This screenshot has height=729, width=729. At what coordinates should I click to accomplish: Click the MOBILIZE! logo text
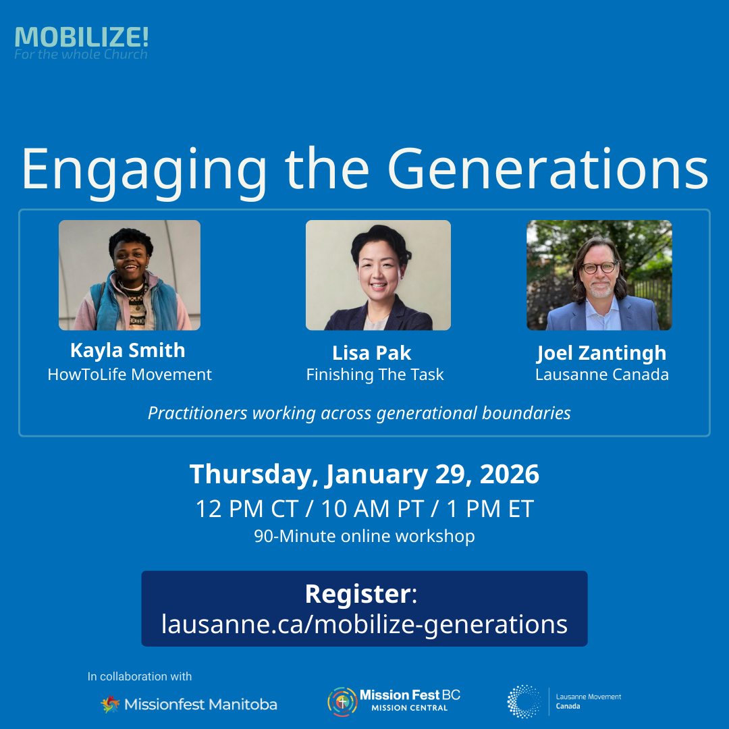(x=81, y=38)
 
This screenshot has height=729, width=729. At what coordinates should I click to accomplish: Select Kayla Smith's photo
(x=130, y=275)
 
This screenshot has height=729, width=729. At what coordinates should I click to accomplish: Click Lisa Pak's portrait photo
(x=378, y=275)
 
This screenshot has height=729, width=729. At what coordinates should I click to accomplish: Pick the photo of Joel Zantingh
(x=599, y=275)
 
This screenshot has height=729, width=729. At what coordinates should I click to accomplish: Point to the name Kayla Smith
(x=128, y=350)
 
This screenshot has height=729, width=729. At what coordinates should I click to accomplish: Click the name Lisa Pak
(x=372, y=352)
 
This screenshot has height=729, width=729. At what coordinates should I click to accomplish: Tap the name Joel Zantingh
(x=601, y=353)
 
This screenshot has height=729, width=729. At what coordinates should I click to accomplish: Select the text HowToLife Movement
(x=130, y=375)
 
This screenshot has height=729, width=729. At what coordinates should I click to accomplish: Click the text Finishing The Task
(x=375, y=375)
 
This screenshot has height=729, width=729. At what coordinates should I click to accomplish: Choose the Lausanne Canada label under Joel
(x=601, y=375)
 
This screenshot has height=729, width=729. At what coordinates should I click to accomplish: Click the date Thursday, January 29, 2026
(x=364, y=475)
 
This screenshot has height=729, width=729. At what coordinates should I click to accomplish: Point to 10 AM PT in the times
(x=364, y=508)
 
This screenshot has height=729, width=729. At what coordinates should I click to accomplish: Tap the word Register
(x=358, y=594)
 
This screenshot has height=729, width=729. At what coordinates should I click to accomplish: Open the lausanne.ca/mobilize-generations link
(x=364, y=624)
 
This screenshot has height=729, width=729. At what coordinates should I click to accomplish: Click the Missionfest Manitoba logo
(x=189, y=704)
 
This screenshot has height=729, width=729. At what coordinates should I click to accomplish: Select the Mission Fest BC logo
(x=394, y=701)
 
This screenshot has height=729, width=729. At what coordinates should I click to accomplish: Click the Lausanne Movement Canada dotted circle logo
(x=524, y=701)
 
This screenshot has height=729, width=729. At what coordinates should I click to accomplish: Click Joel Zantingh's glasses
(x=599, y=267)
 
